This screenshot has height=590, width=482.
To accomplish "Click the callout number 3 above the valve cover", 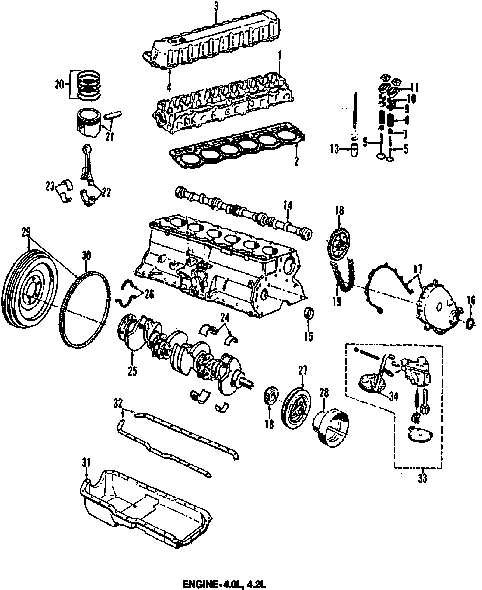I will (x=216, y=7).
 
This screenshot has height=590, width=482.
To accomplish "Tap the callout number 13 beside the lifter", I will (x=335, y=149).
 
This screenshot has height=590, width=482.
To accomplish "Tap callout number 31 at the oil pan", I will (x=86, y=472).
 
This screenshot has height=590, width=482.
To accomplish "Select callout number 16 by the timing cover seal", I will (x=471, y=301).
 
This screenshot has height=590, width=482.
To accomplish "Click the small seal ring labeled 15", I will (x=309, y=314).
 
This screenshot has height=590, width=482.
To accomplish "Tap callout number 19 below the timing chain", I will (x=337, y=302).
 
